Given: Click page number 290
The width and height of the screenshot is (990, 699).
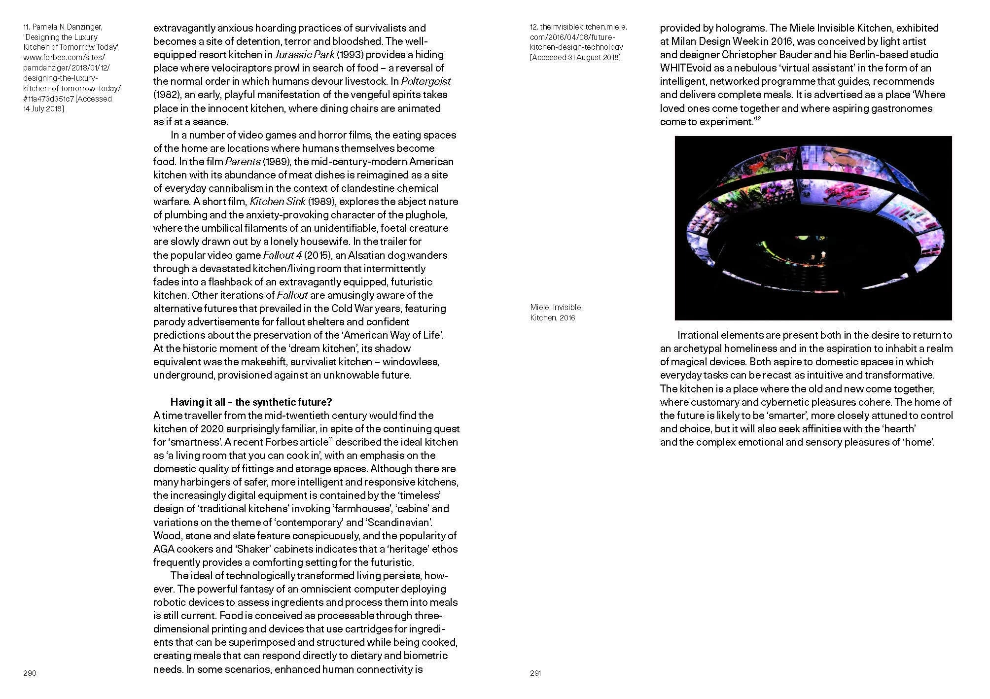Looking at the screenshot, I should pyautogui.click(x=30, y=673).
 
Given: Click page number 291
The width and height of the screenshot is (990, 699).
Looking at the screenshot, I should pyautogui.click(x=535, y=673).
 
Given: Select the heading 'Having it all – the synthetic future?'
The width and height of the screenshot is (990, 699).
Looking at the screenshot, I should pyautogui.click(x=251, y=402).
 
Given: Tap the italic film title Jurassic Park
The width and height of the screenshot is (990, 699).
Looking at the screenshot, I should pyautogui.click(x=304, y=55).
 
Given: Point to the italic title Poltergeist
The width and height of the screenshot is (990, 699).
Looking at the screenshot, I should pyautogui.click(x=425, y=81).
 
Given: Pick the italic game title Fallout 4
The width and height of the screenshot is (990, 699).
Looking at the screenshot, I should pyautogui.click(x=282, y=255).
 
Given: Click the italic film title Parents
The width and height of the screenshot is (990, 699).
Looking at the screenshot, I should pyautogui.click(x=243, y=162).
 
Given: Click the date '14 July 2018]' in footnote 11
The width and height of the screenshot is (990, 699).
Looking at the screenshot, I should pyautogui.click(x=43, y=108).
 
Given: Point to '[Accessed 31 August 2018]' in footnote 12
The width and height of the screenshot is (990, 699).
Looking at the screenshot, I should pyautogui.click(x=575, y=57).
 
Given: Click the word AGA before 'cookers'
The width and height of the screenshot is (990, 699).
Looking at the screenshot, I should pyautogui.click(x=164, y=549).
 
